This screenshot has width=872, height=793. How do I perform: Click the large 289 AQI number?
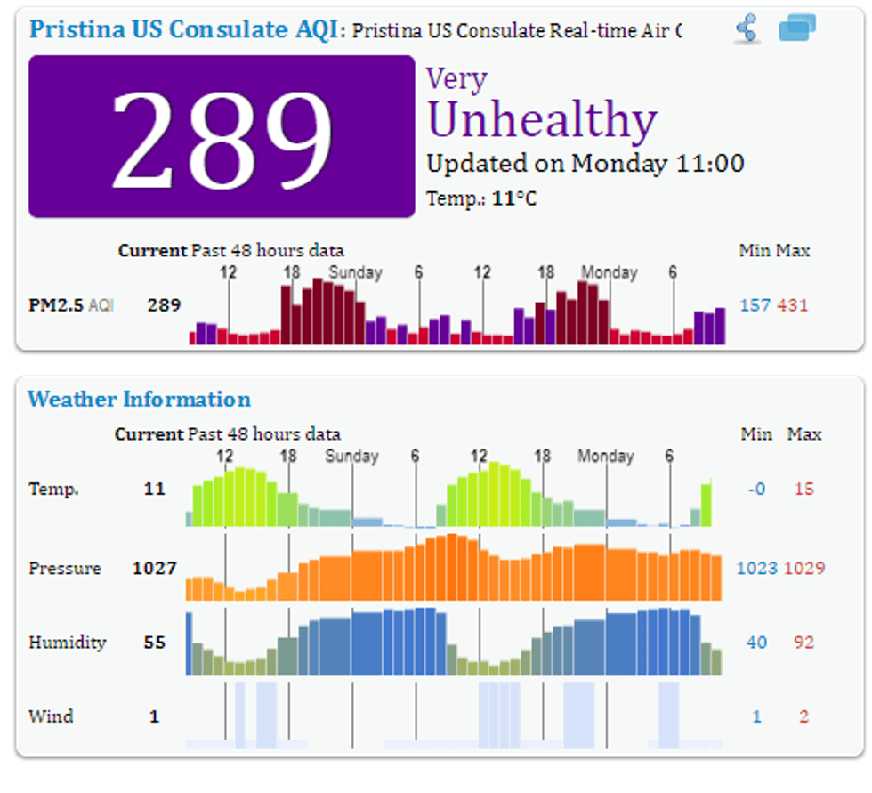coord(222,136)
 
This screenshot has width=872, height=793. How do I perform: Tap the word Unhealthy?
coord(542,120)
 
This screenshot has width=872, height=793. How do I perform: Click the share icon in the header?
coord(747,29)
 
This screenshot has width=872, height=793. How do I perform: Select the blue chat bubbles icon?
coord(796,28)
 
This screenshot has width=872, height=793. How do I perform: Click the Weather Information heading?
coord(139,399)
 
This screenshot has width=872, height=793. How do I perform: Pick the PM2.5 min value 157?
coord(755,305)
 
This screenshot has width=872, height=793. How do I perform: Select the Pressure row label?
coord(64,568)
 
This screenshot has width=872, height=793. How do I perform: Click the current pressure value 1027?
coord(155,568)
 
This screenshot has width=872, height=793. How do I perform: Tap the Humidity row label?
coord(67,642)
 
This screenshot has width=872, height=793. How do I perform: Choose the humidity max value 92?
coord(803,642)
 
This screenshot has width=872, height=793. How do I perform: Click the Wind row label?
coord(51,716)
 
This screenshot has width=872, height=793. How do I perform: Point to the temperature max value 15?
coord(803,489)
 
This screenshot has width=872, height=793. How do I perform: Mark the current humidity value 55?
coord(155,642)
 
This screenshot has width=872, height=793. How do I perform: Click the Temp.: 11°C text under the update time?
coord(481,198)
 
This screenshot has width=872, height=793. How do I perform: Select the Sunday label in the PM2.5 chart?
coord(355,272)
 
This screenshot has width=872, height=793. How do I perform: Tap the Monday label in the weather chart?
coord(605,457)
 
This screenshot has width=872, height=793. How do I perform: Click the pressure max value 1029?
coord(804,568)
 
